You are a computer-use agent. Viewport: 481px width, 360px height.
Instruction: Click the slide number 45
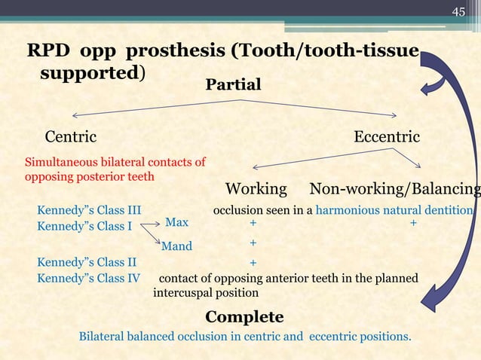(458, 11)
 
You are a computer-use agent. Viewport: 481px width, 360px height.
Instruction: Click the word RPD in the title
(47, 51)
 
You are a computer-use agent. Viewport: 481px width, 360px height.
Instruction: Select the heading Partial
(233, 84)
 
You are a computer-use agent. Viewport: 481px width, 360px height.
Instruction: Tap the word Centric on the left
(71, 137)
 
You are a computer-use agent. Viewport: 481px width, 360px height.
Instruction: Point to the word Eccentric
(387, 137)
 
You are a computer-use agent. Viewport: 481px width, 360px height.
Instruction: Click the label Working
(256, 188)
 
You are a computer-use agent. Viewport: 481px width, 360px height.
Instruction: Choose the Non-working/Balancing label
(395, 188)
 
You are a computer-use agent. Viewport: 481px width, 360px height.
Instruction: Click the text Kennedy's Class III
(89, 210)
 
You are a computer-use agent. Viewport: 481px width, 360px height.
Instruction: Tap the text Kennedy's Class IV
(88, 278)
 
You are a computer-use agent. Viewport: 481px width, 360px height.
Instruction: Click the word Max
(176, 223)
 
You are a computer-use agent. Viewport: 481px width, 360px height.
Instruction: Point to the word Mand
(177, 246)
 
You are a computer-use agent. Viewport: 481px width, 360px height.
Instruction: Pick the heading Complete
(244, 316)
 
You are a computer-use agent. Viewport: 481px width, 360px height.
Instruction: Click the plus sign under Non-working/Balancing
(413, 224)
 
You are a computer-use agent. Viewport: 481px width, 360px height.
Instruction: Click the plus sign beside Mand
(253, 243)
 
